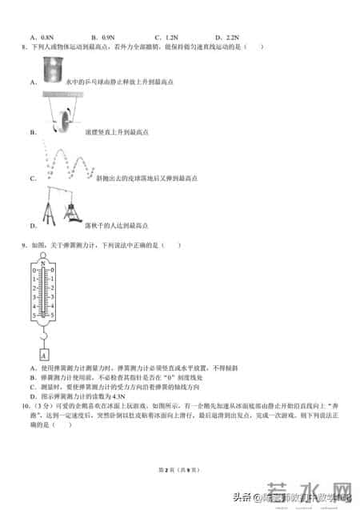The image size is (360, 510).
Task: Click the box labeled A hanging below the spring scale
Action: click(x=43, y=355)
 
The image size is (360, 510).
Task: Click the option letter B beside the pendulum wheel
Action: click(x=32, y=131)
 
